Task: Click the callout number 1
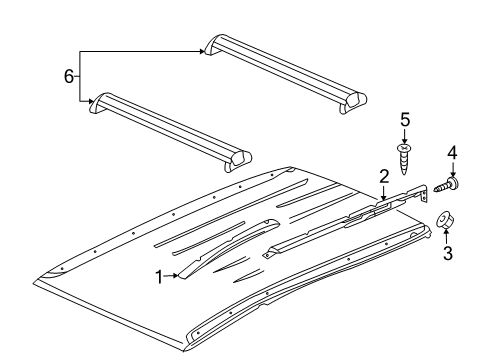[158, 276]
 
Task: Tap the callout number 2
[383, 177]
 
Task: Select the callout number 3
[447, 254]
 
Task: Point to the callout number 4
[451, 153]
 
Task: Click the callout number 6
[69, 76]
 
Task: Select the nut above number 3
[447, 222]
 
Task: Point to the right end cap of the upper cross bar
[355, 99]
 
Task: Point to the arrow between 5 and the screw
[405, 136]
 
